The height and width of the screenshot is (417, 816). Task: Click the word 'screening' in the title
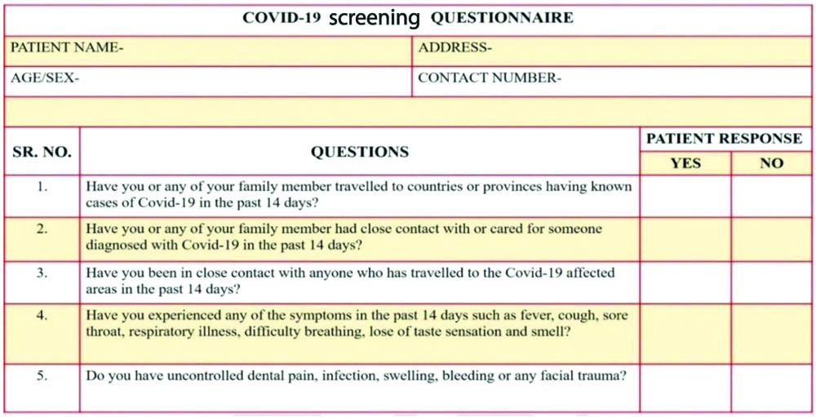[375, 19]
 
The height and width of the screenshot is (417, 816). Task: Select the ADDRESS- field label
[455, 48]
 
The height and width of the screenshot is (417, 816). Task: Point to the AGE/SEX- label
[45, 79]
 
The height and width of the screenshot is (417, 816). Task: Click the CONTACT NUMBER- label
[490, 79]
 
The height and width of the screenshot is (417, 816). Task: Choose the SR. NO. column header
[42, 152]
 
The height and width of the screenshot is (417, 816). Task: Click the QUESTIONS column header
[360, 152]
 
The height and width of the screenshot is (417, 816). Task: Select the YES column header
[685, 163]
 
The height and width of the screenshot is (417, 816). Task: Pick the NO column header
[771, 163]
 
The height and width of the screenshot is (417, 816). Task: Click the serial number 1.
[42, 186]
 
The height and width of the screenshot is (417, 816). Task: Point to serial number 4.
[42, 315]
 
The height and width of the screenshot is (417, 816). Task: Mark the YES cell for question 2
[685, 238]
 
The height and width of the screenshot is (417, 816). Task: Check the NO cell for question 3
[771, 282]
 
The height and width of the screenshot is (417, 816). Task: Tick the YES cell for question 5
[685, 388]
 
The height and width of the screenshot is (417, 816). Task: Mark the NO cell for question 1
[771, 195]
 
